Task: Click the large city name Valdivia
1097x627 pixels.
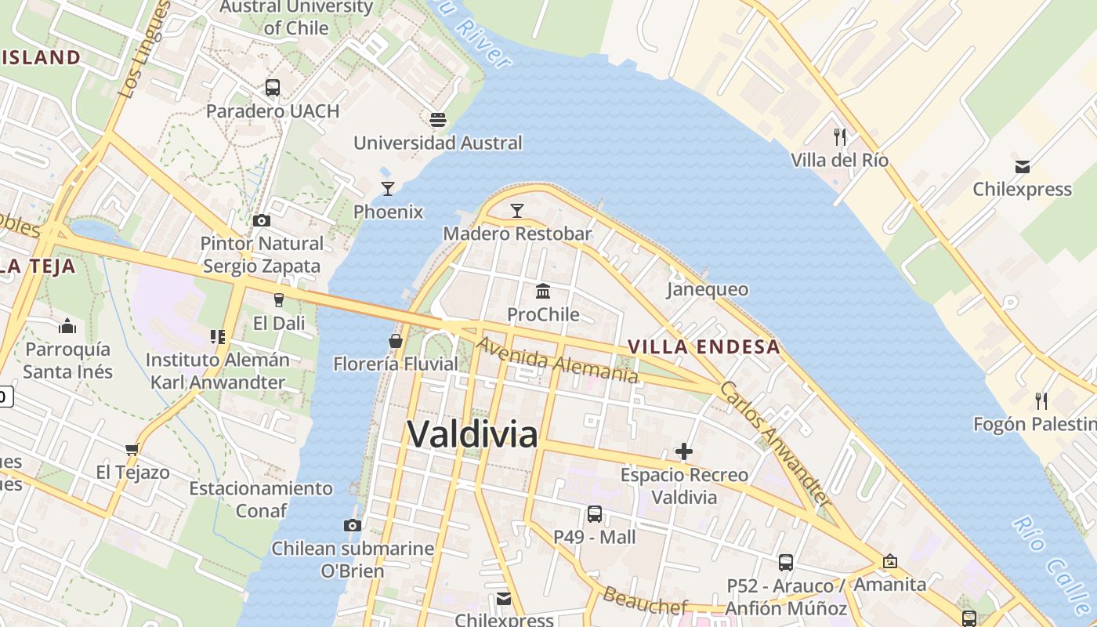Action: (472, 433)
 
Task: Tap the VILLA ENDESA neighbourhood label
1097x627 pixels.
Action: (704, 346)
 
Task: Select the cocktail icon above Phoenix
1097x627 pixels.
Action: (387, 188)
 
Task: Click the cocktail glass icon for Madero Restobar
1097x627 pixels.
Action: (516, 210)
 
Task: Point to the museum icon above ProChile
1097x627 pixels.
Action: (542, 292)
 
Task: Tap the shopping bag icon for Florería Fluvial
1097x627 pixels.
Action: (396, 341)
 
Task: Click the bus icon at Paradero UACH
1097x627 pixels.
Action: (272, 88)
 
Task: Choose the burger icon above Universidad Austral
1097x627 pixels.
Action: (437, 119)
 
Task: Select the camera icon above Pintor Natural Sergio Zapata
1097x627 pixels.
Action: (262, 221)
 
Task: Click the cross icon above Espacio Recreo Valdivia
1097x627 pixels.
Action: (684, 451)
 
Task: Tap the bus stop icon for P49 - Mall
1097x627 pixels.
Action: (595, 514)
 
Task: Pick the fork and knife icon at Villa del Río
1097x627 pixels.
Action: (840, 137)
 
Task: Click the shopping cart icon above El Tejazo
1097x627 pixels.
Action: (132, 449)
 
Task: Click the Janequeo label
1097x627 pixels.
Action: (707, 289)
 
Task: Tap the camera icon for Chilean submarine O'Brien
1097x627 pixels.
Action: (353, 525)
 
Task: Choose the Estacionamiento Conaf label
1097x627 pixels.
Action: (261, 498)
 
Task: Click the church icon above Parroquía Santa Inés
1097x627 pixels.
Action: (67, 325)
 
